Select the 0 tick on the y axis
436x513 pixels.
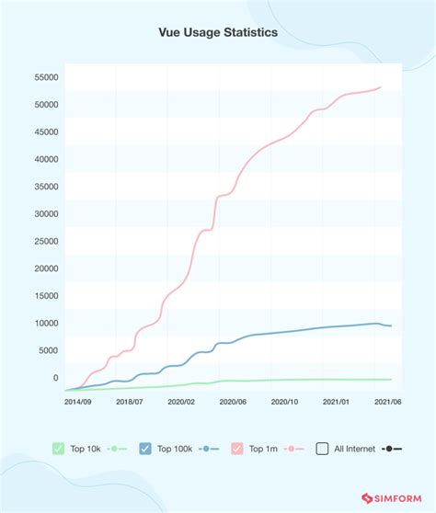(54, 378)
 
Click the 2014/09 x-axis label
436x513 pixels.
(77, 402)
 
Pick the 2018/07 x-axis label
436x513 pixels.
(130, 402)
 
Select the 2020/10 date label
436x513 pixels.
(287, 402)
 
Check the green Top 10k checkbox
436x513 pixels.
(59, 449)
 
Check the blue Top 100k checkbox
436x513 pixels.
(145, 449)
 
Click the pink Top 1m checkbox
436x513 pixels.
(237, 449)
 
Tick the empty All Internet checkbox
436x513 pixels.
(322, 449)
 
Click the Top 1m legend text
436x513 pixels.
(265, 449)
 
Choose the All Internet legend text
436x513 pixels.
(355, 449)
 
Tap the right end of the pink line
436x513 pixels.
(381, 87)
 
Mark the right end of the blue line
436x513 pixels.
(392, 325)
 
